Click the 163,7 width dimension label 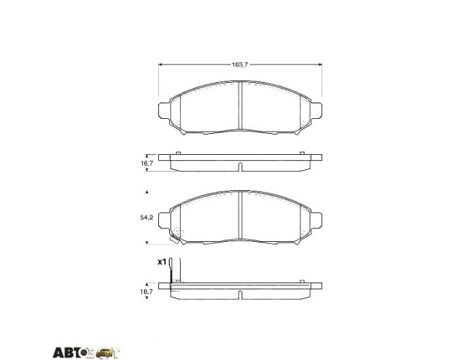click(x=240, y=65)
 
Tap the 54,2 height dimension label click(x=147, y=218)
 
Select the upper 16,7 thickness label click(x=147, y=163)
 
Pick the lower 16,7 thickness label click(x=147, y=291)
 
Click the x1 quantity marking click(x=162, y=262)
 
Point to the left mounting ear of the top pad click(x=164, y=111)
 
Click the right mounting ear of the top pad click(x=316, y=111)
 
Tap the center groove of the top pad click(x=240, y=105)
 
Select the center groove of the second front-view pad click(x=240, y=215)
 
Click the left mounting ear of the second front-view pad click(x=164, y=220)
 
